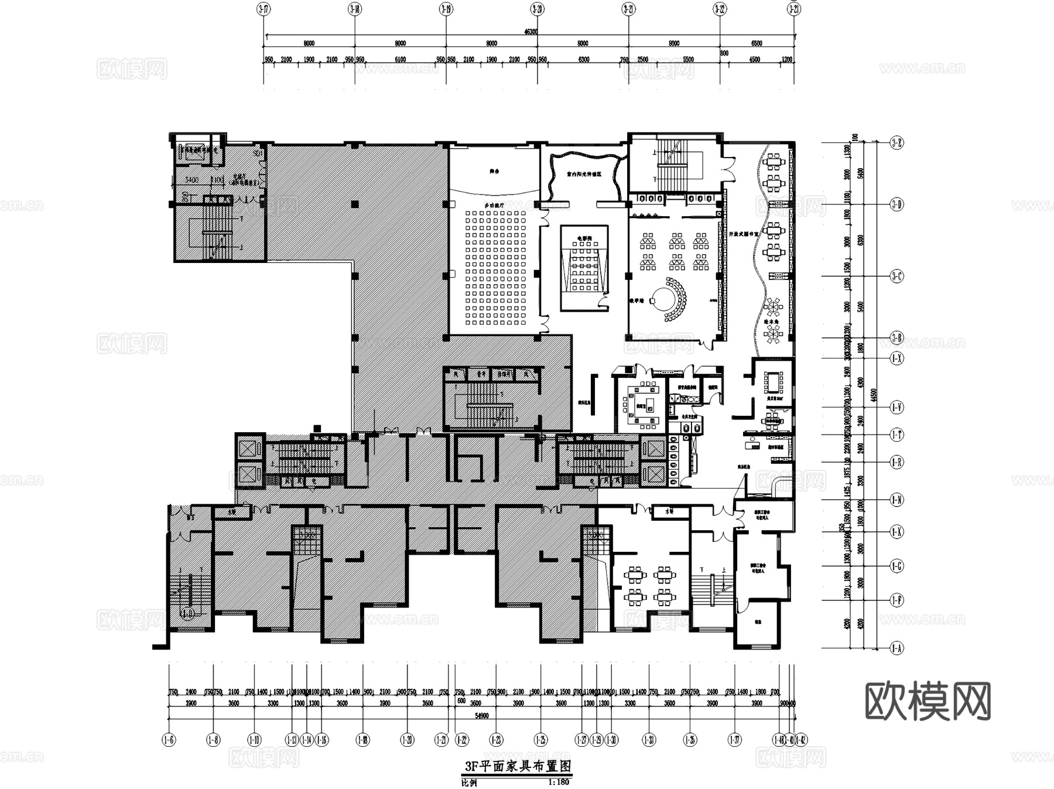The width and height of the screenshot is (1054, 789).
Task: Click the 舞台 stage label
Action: click(495, 172)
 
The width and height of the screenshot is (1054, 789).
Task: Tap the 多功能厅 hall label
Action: click(494, 206)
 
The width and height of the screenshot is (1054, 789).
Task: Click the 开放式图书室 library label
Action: click(743, 233)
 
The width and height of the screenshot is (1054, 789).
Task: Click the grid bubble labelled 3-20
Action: click(538, 9)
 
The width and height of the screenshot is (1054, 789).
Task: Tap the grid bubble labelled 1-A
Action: click(896, 648)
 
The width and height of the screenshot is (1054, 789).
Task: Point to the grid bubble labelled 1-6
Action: click(169, 740)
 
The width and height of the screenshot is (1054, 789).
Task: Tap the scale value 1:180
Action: click(558, 782)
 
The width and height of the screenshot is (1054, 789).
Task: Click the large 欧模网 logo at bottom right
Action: click(928, 701)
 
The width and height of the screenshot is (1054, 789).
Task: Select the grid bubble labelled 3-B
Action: click(896, 338)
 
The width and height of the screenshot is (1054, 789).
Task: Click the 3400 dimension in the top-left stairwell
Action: click(191, 180)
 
